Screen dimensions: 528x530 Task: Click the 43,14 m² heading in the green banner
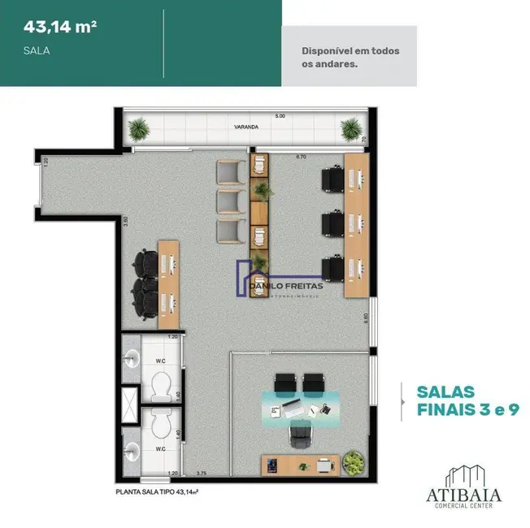click(60, 26)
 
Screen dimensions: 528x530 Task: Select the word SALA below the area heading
click(37, 50)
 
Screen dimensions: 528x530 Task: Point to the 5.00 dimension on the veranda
click(280, 116)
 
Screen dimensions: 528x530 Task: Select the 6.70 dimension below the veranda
click(301, 155)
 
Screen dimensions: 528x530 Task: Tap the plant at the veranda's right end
click(351, 128)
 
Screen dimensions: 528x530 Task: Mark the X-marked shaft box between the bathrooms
click(129, 403)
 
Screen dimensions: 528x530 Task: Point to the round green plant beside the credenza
click(354, 463)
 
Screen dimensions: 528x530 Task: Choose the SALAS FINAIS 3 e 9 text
click(456, 400)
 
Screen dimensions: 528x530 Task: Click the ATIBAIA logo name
click(463, 494)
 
